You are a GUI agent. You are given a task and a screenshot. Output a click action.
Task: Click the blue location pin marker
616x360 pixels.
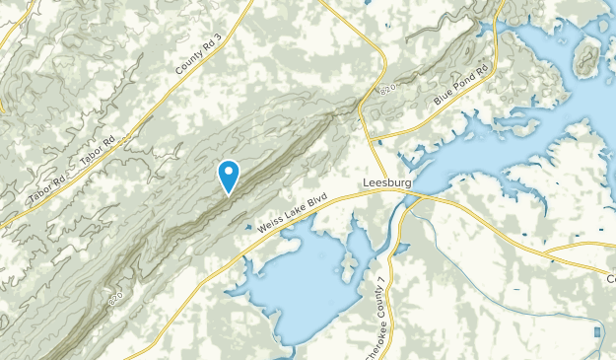[229, 176]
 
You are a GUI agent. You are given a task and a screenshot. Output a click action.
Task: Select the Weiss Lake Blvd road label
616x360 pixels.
[292, 213]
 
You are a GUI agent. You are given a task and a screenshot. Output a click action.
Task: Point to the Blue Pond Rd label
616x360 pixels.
[461, 87]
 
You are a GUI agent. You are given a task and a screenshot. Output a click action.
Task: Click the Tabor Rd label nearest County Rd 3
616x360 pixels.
[98, 147]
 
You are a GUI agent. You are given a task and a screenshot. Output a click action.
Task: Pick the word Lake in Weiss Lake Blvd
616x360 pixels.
[293, 213]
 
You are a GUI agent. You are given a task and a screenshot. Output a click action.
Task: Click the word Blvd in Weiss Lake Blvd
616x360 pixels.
[315, 201]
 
